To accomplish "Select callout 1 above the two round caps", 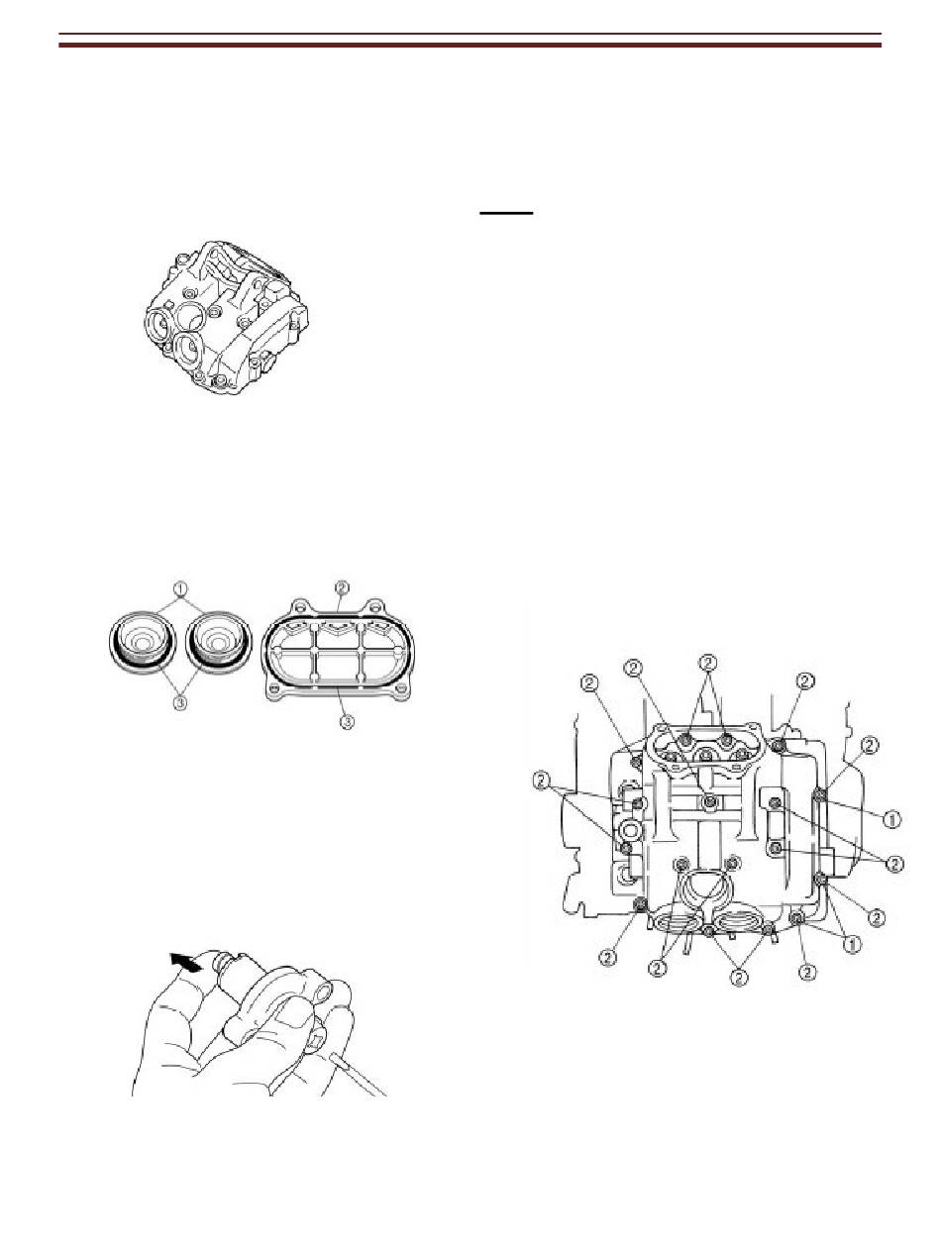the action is coord(179,588).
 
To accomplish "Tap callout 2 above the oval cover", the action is coord(342,587).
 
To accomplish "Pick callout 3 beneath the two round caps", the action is coord(180,704).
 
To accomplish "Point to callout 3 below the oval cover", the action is coord(347,722).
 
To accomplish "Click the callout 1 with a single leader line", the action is coord(890,819).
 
